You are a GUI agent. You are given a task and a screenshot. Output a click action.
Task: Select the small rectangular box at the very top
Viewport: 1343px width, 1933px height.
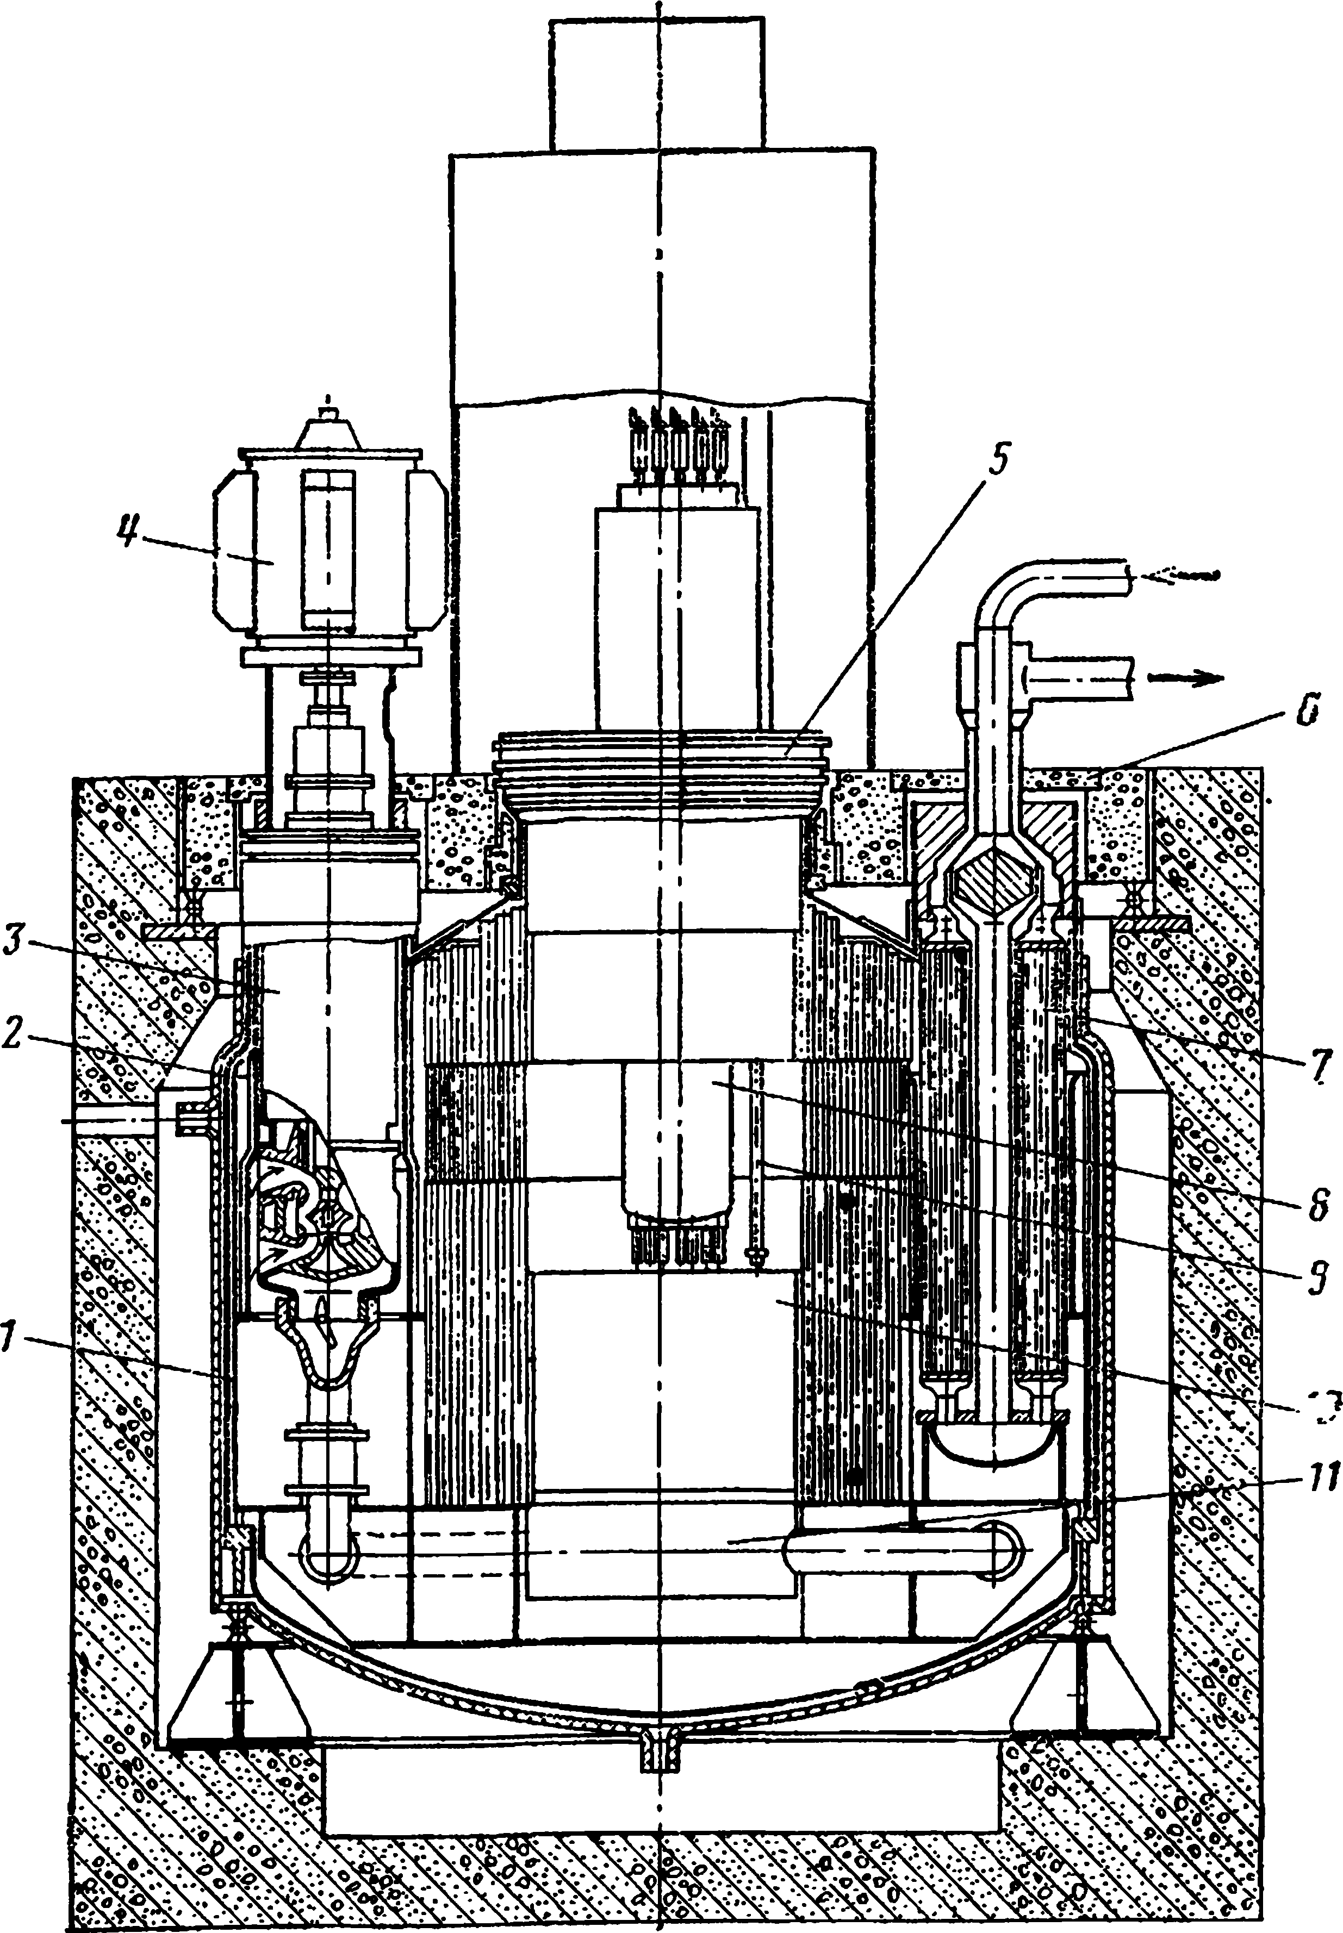click(657, 84)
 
